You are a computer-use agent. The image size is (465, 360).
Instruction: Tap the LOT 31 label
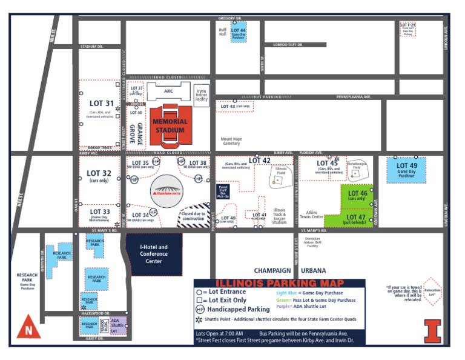pos(101,103)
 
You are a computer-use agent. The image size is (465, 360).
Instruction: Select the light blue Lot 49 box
pos(406,170)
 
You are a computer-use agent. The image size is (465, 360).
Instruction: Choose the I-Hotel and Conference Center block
pos(154,253)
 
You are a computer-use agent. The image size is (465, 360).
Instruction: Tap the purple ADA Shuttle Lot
pos(117,325)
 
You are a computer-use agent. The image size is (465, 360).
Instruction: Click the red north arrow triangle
pos(28,329)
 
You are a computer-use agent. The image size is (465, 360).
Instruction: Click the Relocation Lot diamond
pos(432,292)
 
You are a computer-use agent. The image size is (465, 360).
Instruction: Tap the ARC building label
pos(168,91)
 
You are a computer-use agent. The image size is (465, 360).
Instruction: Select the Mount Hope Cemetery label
pos(231,141)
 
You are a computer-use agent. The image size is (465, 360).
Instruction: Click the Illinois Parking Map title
pos(280,283)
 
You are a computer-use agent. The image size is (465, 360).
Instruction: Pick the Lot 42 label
pos(259,160)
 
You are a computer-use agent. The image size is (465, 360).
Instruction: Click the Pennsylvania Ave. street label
pos(354,97)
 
